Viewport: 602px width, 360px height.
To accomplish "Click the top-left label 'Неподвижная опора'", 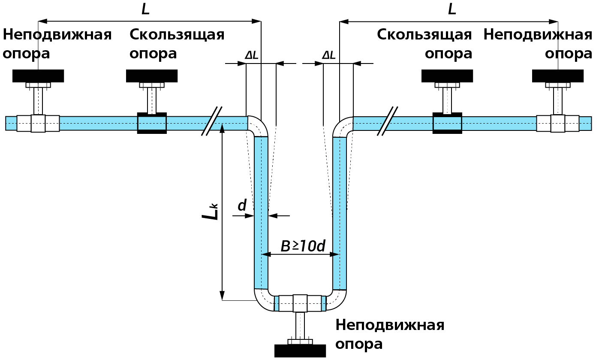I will pyautogui.click(x=57, y=44).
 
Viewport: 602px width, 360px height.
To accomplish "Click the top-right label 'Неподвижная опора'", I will pyautogui.click(x=538, y=44).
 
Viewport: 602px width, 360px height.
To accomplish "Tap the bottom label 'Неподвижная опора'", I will pyautogui.click(x=389, y=334).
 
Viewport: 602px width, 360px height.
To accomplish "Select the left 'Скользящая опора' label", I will pyautogui.click(x=177, y=44).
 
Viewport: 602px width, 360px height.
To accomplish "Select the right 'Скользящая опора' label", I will pyautogui.click(x=424, y=44).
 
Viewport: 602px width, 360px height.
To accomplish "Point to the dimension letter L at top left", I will pyautogui.click(x=145, y=9).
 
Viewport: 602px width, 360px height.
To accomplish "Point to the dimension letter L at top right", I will pyautogui.click(x=452, y=9).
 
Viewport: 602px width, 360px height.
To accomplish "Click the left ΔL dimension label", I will pyautogui.click(x=252, y=55).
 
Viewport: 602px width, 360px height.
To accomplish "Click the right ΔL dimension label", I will pyautogui.click(x=329, y=55).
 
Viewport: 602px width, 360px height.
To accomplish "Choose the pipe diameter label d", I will pyautogui.click(x=242, y=206).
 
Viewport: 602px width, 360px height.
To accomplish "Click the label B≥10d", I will pyautogui.click(x=303, y=246).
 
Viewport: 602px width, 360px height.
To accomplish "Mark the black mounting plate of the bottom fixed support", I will pyautogui.click(x=300, y=351).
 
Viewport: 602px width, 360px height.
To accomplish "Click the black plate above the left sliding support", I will pyautogui.click(x=152, y=76).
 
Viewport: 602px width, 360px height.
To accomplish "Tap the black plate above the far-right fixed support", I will pyautogui.click(x=557, y=76).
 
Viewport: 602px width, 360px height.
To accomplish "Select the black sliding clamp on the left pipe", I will pyautogui.click(x=152, y=123).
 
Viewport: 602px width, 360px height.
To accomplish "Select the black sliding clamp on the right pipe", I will pyautogui.click(x=447, y=123).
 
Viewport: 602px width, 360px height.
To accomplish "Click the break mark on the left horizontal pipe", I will pyautogui.click(x=212, y=121).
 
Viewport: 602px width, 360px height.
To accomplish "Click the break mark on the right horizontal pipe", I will pyautogui.click(x=387, y=121).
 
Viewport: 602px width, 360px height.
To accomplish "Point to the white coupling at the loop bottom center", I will pyautogui.click(x=300, y=303).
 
